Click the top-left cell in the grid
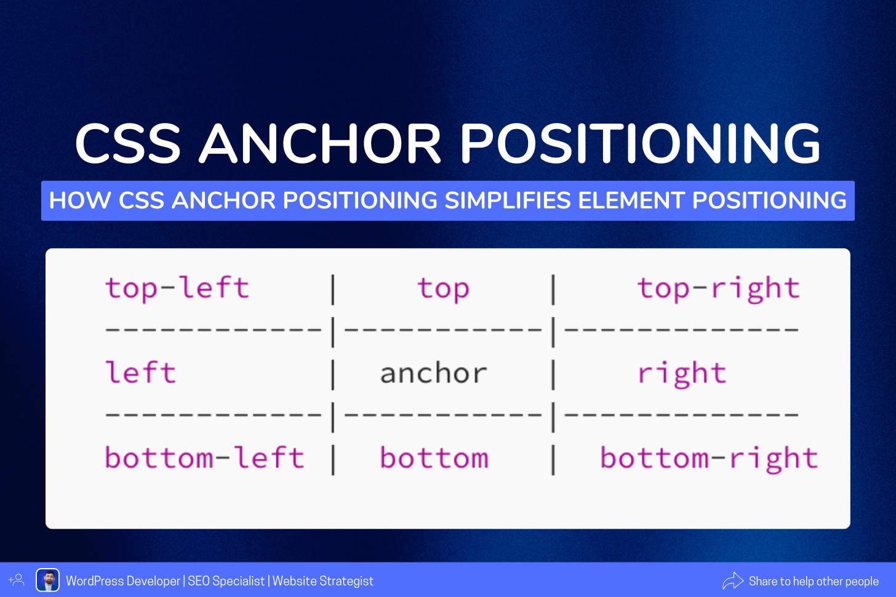point(177,288)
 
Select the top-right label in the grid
point(718,288)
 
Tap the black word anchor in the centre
point(434,373)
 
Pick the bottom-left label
point(204,457)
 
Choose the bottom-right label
point(709,458)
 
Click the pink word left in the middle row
point(140,372)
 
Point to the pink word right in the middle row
point(682,374)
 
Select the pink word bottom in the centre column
point(434,457)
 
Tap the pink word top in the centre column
point(443,288)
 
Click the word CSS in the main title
point(128,143)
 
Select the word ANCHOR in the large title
point(320,143)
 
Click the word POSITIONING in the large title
point(641,143)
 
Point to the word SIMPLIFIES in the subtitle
point(508,200)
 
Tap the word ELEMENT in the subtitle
point(631,200)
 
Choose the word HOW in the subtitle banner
point(80,200)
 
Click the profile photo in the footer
point(47,580)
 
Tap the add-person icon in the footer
point(17,580)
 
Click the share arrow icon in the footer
point(733,580)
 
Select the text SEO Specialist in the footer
point(226,581)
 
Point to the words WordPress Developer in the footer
point(123,581)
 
